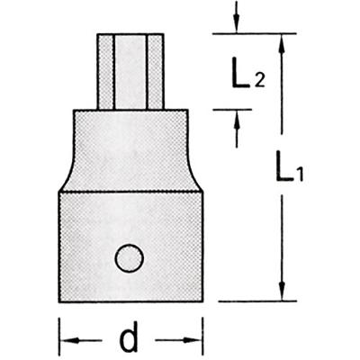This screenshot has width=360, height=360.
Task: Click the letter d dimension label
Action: (129, 337)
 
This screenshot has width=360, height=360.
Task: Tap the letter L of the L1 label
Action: (284, 166)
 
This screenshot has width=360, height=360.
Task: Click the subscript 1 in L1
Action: (300, 175)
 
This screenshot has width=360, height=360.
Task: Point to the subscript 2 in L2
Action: (260, 80)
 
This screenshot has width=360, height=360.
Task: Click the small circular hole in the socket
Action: (130, 258)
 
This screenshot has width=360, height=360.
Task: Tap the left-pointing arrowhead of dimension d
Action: (70, 340)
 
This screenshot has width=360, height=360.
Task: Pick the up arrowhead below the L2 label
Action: (237, 120)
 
